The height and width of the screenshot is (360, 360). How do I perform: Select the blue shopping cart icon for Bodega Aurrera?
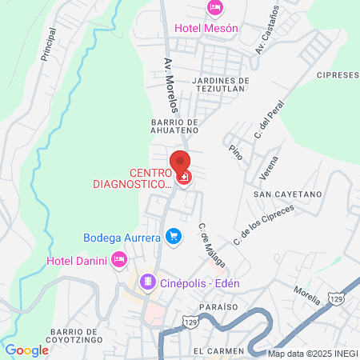(x=172, y=235)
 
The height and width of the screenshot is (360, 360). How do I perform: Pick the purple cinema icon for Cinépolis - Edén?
(x=147, y=282)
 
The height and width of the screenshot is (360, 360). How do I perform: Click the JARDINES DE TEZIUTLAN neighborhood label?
(x=222, y=86)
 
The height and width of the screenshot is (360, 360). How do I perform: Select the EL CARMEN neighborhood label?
(x=217, y=351)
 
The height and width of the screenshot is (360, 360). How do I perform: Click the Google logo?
(x=26, y=350)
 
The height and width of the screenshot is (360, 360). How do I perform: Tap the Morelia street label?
(x=307, y=296)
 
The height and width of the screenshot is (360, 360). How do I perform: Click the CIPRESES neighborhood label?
(x=337, y=75)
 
